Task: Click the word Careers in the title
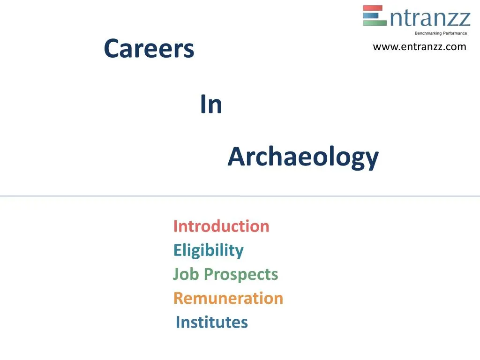[x=149, y=49]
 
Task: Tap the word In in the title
[x=211, y=105]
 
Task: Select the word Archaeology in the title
[x=303, y=157]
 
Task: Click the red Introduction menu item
[x=221, y=226]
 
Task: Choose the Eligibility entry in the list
[x=208, y=250]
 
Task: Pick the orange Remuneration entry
[x=228, y=298]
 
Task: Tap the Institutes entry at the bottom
[x=211, y=322]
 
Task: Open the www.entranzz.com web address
[x=420, y=47]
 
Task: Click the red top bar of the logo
[x=373, y=8]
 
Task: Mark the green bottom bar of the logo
[x=373, y=23]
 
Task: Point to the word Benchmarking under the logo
[x=428, y=33]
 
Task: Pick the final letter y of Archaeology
[x=372, y=159]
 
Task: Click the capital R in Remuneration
[x=179, y=298]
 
